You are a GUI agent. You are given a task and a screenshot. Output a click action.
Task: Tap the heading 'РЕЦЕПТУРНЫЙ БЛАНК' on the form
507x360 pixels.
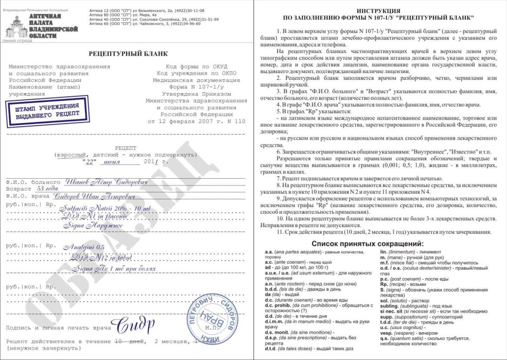(128, 54)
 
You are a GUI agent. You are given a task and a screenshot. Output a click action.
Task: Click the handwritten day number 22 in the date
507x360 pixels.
(90, 161)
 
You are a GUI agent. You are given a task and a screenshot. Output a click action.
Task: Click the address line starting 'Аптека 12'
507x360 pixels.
(139, 10)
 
